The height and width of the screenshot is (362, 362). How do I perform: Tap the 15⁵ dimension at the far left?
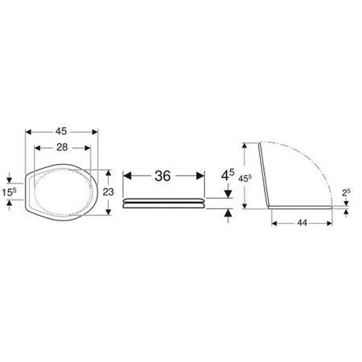(x=10, y=193)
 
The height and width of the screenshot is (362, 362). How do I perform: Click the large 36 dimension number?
(x=162, y=176)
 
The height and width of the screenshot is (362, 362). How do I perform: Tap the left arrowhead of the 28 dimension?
(x=38, y=148)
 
